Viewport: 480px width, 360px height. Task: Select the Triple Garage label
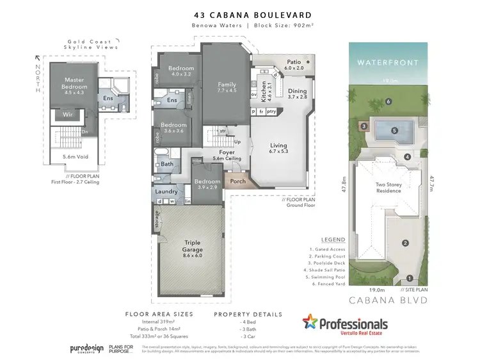point(193,245)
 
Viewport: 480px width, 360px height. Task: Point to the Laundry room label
point(166,191)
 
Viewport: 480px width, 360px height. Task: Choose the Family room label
point(227,87)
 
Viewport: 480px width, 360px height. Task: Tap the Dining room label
point(297,94)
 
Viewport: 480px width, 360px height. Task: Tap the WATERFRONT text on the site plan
point(387,63)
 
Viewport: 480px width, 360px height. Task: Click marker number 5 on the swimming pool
point(395,131)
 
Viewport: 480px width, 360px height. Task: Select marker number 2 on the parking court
point(404,242)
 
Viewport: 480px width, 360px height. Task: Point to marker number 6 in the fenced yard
point(388,101)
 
